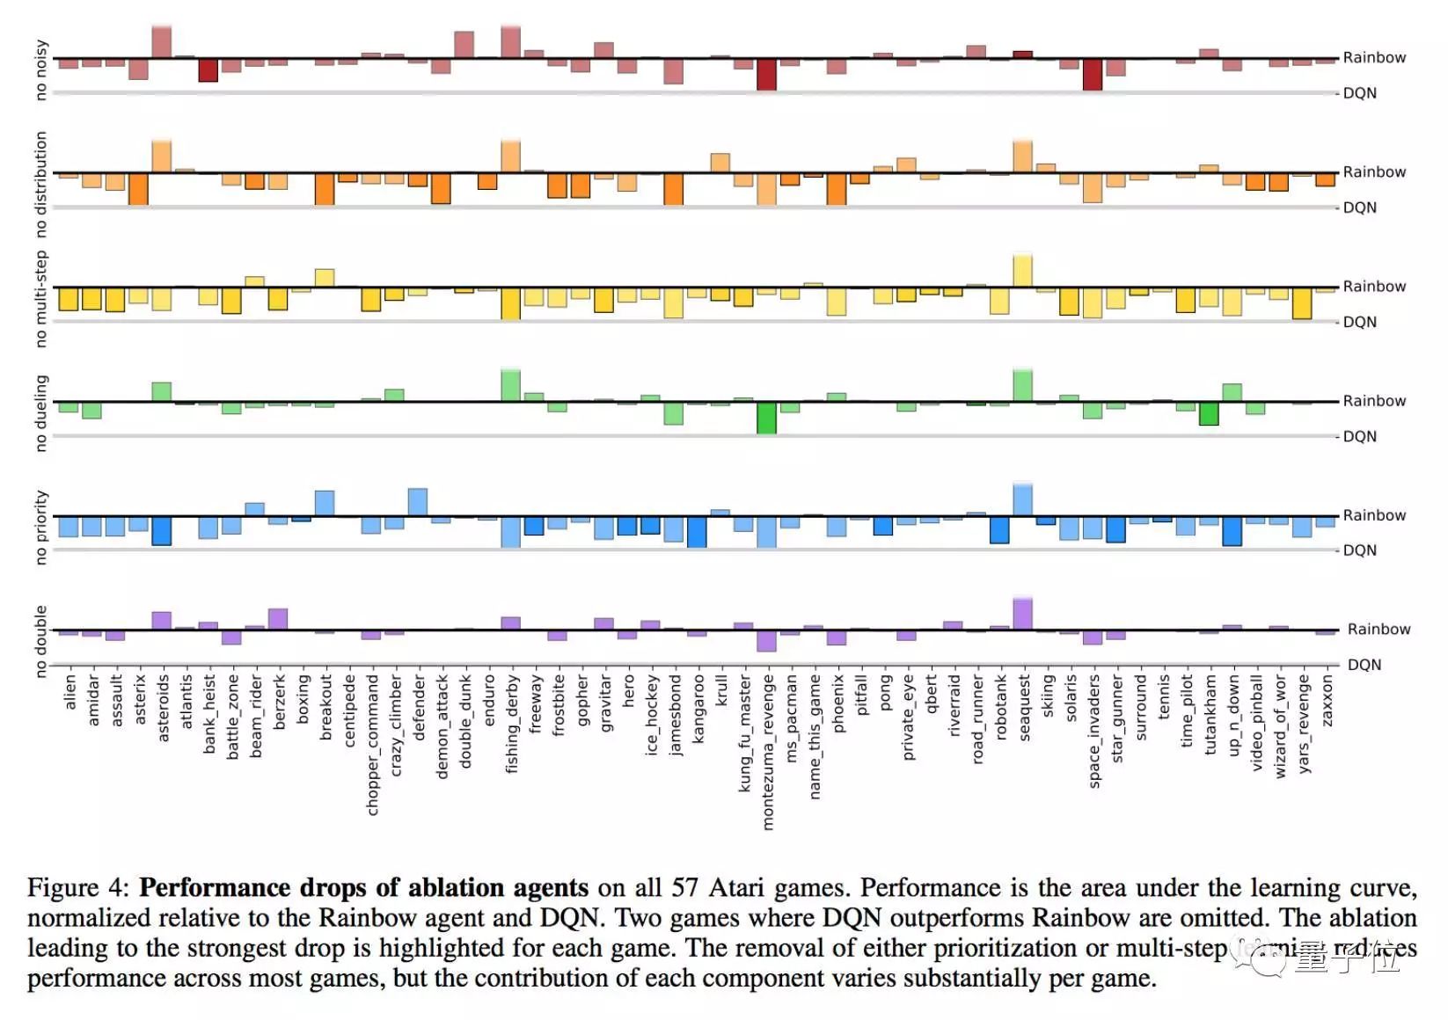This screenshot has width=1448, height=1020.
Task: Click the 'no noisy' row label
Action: pos(40,69)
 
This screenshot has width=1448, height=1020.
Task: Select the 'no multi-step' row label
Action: pos(40,299)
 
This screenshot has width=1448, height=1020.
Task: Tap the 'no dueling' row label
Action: pos(40,413)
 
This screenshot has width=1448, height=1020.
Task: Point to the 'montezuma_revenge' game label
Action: pos(768,752)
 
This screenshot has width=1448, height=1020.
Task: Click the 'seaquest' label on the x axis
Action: pos(1024,708)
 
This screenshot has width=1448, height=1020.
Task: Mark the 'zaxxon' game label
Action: pos(1327,701)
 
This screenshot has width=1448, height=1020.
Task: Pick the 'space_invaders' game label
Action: pos(1094,731)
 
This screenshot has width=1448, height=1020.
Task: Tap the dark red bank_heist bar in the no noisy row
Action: pos(208,70)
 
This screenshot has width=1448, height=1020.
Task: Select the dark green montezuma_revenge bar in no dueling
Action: pos(766,418)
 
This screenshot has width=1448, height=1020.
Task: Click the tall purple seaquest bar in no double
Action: pos(1022,614)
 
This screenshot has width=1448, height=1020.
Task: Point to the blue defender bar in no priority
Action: pos(418,501)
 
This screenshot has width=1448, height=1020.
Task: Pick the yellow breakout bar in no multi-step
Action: pos(325,278)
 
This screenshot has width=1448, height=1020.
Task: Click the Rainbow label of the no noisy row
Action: pos(1373,58)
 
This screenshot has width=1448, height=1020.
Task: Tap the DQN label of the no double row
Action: pos(1364,665)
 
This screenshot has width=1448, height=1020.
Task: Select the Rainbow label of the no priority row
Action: pos(1373,515)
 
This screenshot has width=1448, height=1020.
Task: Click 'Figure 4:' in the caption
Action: pos(78,887)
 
